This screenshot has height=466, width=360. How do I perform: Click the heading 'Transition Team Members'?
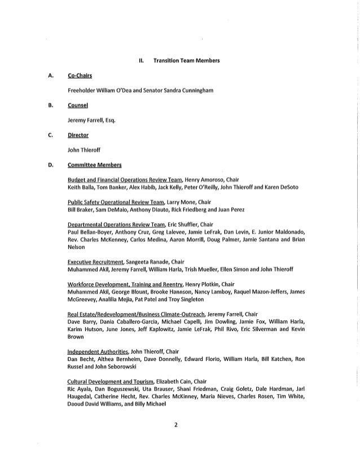(x=187, y=60)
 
